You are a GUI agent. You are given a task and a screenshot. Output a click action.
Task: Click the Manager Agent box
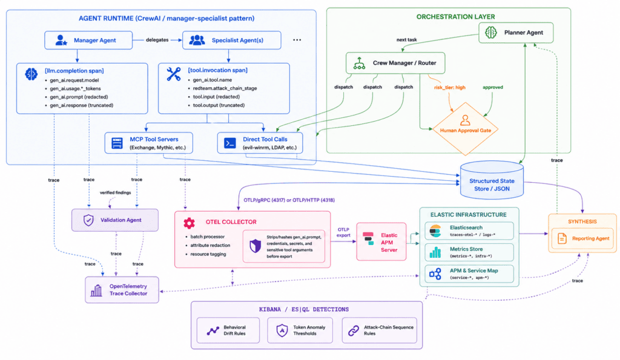(x=88, y=41)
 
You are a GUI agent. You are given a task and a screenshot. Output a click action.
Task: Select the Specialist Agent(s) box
(x=232, y=41)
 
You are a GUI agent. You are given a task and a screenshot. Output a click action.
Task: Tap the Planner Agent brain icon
(x=490, y=33)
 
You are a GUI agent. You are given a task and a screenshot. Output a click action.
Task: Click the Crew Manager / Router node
(x=395, y=63)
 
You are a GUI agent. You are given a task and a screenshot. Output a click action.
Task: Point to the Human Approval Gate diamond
(x=465, y=129)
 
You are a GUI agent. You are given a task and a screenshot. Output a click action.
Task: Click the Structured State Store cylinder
(x=492, y=180)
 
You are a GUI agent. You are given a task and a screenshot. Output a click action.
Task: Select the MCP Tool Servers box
(x=149, y=143)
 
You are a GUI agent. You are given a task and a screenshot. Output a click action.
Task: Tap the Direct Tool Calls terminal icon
(x=229, y=143)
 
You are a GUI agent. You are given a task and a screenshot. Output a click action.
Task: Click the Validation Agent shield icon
(x=88, y=220)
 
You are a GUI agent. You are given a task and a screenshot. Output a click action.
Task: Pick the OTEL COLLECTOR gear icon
(x=189, y=223)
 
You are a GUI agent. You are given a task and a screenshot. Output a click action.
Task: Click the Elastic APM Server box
(x=381, y=242)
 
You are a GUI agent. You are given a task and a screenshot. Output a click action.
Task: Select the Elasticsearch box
(x=469, y=231)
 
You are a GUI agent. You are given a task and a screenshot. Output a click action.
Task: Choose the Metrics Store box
(x=469, y=252)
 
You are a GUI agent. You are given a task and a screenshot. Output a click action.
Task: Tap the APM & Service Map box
(x=469, y=274)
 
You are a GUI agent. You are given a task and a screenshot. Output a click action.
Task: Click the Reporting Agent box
(x=582, y=238)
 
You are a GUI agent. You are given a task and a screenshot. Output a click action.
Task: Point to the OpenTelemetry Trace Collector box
(x=122, y=290)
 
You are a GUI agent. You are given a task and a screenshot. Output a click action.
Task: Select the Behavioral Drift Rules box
(x=228, y=330)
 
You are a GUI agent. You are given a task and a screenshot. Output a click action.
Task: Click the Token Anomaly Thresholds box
(x=300, y=330)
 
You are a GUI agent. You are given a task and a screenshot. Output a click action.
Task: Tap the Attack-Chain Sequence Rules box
(x=379, y=330)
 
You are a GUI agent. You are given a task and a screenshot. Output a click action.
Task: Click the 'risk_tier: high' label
(x=450, y=87)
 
